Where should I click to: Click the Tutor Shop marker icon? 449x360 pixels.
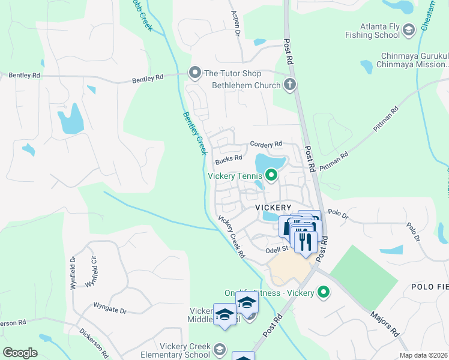point(194,73)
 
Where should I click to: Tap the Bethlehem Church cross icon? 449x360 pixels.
point(290,85)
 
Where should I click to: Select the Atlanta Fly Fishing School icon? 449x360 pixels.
point(408,30)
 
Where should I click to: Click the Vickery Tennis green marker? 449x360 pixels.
point(271,176)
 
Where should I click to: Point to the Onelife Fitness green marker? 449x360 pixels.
point(324,293)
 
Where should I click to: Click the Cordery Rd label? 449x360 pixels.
point(266,145)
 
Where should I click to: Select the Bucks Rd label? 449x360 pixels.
point(229,158)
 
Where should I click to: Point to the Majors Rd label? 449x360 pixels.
point(385,323)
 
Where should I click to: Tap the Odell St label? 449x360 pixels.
point(277,248)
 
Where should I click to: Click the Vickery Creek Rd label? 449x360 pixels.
point(232,236)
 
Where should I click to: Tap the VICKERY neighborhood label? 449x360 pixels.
point(273,207)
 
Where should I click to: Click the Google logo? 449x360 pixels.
point(20,352)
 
